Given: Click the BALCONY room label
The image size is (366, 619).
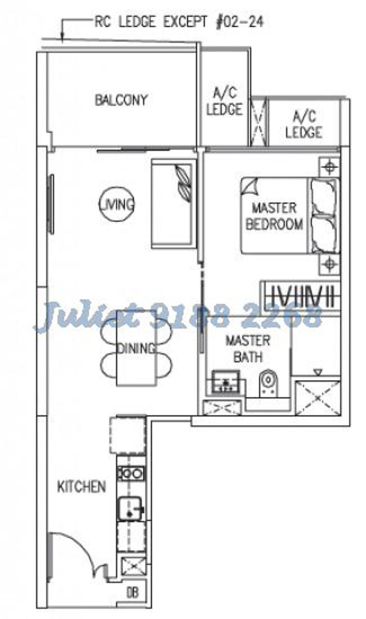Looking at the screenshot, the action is tap(121, 100).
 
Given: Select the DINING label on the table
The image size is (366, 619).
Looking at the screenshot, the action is tap(136, 348).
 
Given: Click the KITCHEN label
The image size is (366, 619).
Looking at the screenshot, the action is tap(82, 487).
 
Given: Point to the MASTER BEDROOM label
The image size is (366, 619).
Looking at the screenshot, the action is tap(274, 216).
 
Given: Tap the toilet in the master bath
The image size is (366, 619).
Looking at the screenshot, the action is tap(268, 383).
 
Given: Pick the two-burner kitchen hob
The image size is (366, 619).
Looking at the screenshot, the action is tap(131, 474).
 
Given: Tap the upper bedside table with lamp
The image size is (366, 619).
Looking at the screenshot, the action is tap(329, 167).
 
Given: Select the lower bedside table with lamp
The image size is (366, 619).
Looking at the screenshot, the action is tap(329, 265).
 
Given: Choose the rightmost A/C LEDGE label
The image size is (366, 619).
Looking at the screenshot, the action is tap(304, 124).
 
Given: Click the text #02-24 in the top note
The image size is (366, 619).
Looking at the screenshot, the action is tap(239, 22).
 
